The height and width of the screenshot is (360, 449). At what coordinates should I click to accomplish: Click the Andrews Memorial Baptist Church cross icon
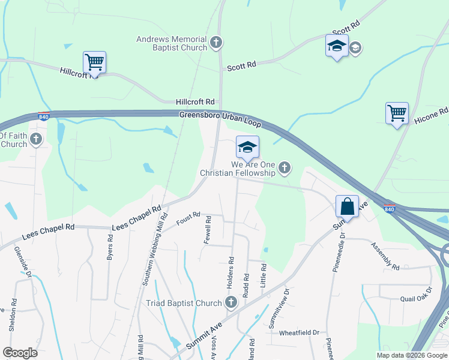(216, 43)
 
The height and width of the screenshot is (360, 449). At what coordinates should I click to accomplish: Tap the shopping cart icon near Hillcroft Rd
(94, 62)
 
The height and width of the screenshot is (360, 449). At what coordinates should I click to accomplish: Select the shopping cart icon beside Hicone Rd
(397, 113)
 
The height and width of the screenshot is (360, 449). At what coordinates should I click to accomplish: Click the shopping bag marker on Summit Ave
(347, 207)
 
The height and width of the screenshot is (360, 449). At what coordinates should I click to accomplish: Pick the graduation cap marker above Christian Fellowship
(247, 148)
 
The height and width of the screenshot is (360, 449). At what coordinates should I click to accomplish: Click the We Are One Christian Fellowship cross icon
(285, 169)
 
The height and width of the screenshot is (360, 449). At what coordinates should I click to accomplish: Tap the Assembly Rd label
(385, 256)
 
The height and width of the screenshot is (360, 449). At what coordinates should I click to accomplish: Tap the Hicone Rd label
(432, 116)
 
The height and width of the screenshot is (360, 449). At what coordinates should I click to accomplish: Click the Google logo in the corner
(20, 353)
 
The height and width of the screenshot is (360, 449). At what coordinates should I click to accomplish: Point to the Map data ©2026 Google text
(411, 355)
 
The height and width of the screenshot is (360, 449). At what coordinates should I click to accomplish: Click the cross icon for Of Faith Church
(36, 140)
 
